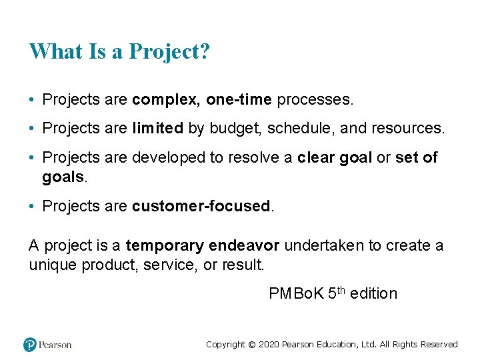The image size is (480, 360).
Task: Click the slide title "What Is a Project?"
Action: [x=119, y=51]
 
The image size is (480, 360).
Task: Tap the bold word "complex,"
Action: [x=167, y=100]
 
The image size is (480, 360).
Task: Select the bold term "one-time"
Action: [x=239, y=100]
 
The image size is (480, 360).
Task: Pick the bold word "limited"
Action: [x=157, y=129]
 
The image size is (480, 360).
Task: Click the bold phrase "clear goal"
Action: [x=334, y=158]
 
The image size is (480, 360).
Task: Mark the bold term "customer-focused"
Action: [x=201, y=207]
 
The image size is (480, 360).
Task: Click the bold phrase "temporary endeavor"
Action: [x=203, y=246]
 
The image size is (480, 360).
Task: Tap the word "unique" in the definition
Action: [x=53, y=265]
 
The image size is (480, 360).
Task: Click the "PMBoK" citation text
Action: [x=297, y=294]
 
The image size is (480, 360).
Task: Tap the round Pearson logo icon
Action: [x=30, y=345]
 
